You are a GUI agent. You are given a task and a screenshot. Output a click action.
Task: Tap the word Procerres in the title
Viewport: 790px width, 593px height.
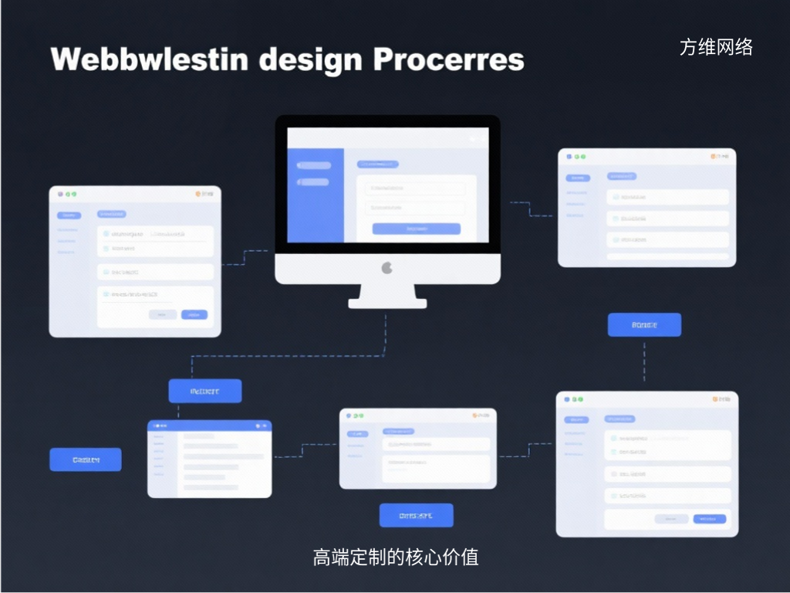point(449,60)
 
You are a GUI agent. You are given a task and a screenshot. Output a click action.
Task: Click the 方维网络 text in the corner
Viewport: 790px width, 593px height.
point(716,48)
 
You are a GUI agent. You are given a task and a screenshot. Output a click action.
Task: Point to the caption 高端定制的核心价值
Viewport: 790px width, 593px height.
point(396,557)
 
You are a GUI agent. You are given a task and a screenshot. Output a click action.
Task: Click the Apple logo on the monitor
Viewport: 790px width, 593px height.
point(387,268)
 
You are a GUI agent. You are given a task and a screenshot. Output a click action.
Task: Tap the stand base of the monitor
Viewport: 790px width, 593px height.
point(387,303)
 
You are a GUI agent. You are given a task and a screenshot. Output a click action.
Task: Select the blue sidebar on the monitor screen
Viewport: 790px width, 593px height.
point(315,196)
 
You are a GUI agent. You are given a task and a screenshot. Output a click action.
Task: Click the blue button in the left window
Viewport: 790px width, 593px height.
point(194,315)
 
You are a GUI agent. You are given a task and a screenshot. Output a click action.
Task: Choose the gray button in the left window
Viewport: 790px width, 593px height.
point(162,315)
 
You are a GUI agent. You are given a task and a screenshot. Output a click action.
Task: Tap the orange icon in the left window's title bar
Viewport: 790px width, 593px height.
point(198,195)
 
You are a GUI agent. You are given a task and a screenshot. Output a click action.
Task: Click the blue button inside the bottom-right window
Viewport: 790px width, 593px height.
point(710,519)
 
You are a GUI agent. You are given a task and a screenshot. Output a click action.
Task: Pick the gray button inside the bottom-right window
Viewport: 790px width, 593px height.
point(671,519)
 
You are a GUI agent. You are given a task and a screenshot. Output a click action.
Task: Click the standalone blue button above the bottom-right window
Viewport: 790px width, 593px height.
point(644,325)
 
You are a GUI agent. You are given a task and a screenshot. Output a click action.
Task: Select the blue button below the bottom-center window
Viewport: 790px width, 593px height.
point(416,515)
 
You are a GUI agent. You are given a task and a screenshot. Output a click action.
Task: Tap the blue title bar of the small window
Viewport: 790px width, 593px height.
point(210,425)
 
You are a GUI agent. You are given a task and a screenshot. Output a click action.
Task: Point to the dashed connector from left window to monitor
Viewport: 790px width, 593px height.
point(245,256)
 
